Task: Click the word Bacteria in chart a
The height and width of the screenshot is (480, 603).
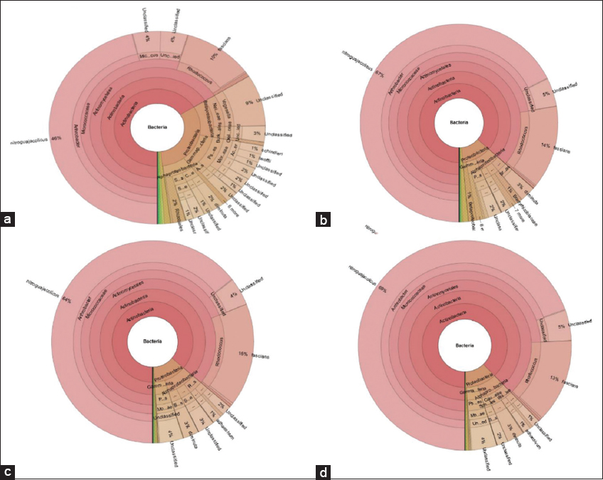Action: pos(157,127)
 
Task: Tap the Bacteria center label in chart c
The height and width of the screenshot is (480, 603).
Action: pos(153,342)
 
